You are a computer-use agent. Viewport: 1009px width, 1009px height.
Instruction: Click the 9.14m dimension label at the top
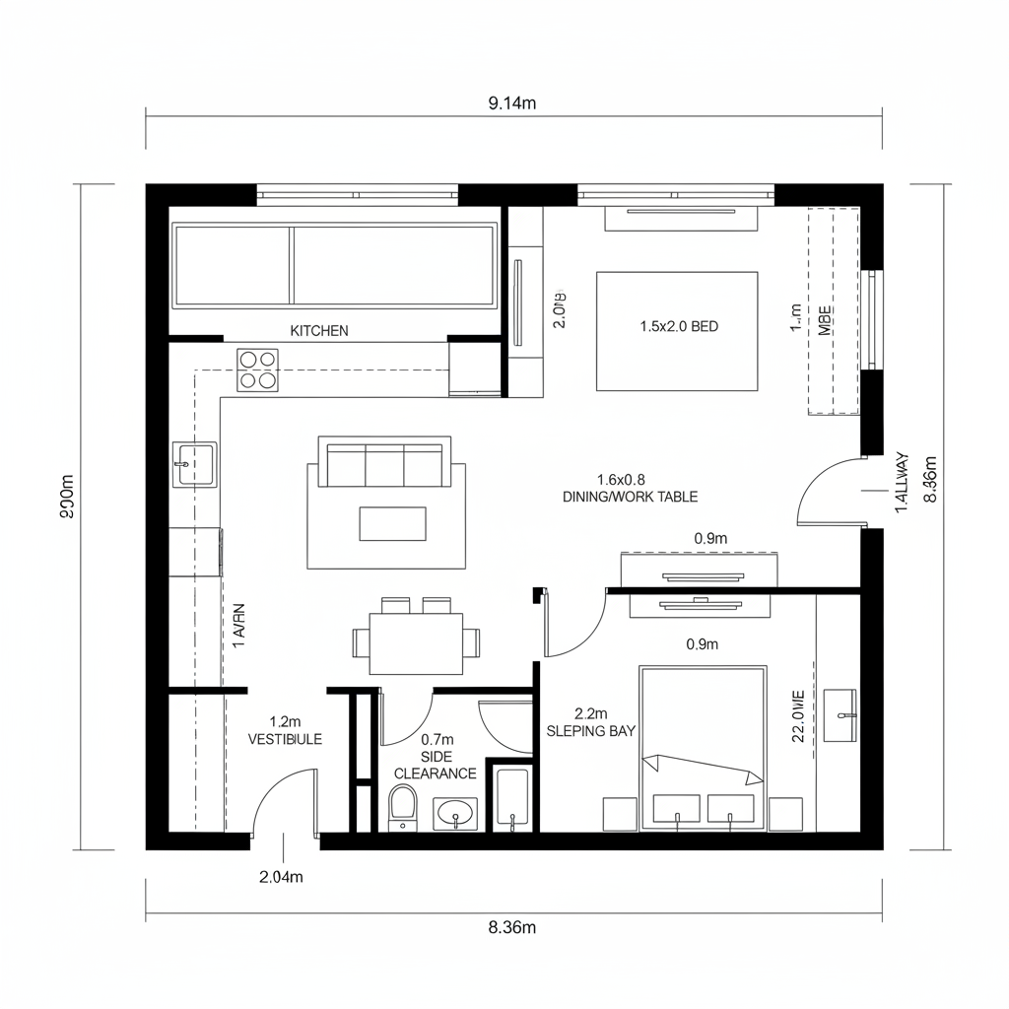pyautogui.click(x=511, y=103)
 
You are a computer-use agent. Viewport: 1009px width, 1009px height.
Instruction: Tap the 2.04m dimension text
pyautogui.click(x=280, y=877)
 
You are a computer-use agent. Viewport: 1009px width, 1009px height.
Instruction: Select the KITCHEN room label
pyautogui.click(x=318, y=331)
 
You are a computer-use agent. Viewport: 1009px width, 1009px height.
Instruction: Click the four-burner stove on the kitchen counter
pyautogui.click(x=258, y=370)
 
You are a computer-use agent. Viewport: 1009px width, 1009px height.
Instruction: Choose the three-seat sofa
pyautogui.click(x=384, y=463)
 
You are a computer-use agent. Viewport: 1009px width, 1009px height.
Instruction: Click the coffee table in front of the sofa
pyautogui.click(x=392, y=523)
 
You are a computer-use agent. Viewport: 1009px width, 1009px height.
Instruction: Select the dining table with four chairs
pyautogui.click(x=416, y=642)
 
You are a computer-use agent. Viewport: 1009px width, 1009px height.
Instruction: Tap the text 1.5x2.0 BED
pyautogui.click(x=679, y=326)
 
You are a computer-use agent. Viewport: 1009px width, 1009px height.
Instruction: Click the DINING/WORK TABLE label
pyautogui.click(x=630, y=497)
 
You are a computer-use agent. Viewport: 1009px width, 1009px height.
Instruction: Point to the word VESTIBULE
pyautogui.click(x=285, y=739)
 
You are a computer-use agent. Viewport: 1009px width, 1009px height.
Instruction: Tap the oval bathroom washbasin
pyautogui.click(x=454, y=814)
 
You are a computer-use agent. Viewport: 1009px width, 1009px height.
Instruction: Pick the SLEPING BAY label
pyautogui.click(x=590, y=731)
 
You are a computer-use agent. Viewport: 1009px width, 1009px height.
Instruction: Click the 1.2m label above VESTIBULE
pyautogui.click(x=284, y=721)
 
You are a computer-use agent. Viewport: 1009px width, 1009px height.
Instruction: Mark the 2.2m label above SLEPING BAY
pyautogui.click(x=590, y=713)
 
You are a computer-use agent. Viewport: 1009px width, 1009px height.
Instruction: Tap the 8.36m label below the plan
pyautogui.click(x=511, y=927)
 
